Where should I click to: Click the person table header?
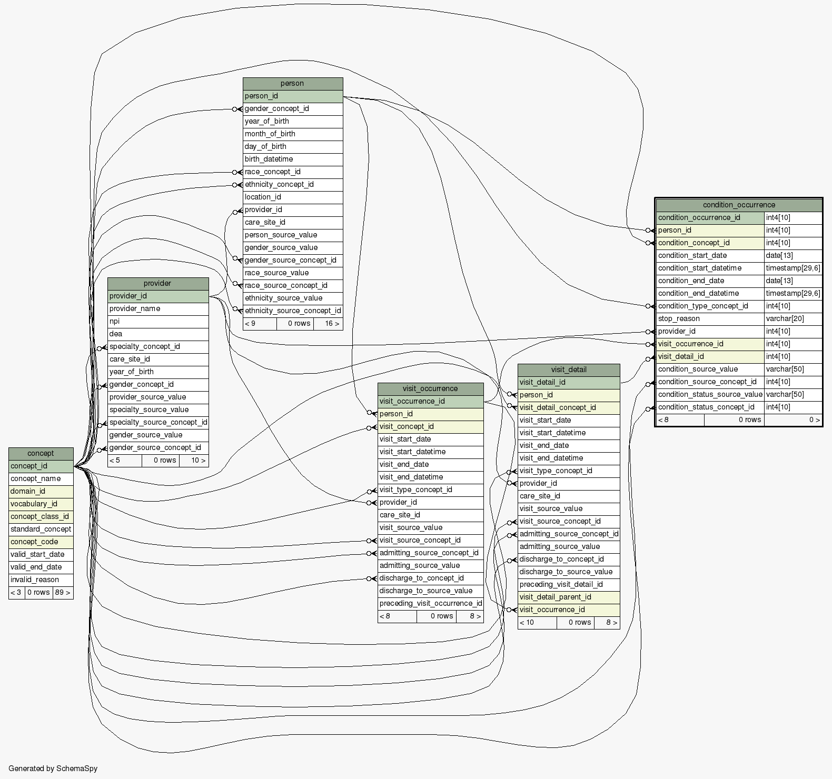[x=292, y=84]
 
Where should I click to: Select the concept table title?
[x=41, y=453]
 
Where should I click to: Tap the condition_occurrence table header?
[x=739, y=205]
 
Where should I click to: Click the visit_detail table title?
[x=568, y=370]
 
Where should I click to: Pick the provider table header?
[x=157, y=284]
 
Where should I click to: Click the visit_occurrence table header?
[x=430, y=389]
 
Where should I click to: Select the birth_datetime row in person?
[x=292, y=159]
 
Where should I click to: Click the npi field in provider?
[x=157, y=321]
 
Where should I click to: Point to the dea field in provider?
[x=157, y=334]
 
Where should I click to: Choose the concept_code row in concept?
[x=41, y=542]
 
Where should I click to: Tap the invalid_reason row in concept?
[x=41, y=580]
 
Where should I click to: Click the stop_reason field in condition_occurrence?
[x=709, y=318]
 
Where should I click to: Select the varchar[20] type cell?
[x=793, y=318]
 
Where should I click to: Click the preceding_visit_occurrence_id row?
[x=430, y=603]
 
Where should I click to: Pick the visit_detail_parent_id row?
[x=568, y=597]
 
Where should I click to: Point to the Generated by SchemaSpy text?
[x=53, y=768]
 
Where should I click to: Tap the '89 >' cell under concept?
[x=62, y=592]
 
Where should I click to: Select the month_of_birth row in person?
[x=292, y=134]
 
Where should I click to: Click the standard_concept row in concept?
[x=41, y=529]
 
